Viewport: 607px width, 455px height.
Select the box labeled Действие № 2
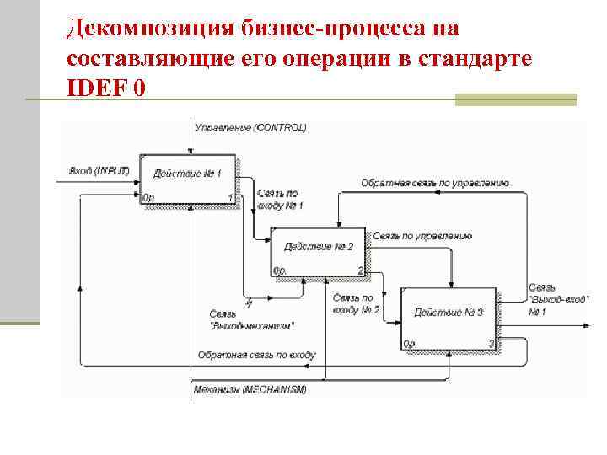tap(318, 251)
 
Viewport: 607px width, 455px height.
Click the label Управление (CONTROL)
tap(250, 128)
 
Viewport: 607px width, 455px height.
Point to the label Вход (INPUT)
tap(99, 171)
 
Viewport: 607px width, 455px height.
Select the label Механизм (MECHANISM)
tap(250, 389)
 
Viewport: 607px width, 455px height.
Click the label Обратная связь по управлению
tap(435, 183)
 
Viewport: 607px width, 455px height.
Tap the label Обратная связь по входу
tap(256, 355)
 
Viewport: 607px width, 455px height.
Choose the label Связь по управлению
tap(422, 237)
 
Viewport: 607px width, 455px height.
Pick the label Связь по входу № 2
tap(356, 303)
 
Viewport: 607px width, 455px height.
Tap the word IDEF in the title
tap(92, 87)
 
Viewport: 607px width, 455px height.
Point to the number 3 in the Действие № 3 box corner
tap(491, 343)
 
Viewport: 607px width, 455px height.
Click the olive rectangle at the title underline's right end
tap(515, 99)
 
